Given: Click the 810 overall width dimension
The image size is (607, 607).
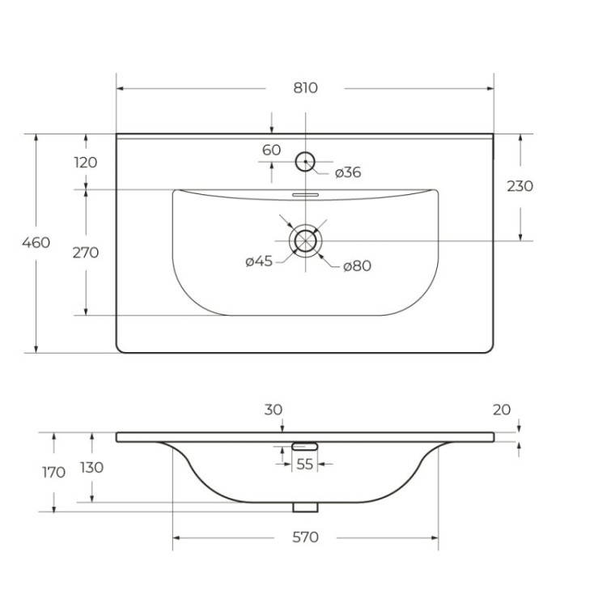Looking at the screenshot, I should (x=305, y=87).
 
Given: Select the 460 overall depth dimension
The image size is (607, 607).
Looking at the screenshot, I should (x=36, y=242).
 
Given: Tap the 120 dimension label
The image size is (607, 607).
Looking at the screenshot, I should (x=85, y=162).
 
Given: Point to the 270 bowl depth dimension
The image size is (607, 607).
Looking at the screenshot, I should (x=85, y=253).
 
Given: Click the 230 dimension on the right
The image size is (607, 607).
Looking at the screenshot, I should (x=520, y=186).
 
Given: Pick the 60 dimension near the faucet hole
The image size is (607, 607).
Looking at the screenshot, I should (x=271, y=150).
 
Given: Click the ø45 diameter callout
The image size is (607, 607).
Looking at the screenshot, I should (x=259, y=261).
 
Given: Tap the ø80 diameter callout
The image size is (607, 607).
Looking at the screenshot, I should (x=356, y=265).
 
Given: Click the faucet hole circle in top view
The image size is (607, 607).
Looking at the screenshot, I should (x=305, y=161).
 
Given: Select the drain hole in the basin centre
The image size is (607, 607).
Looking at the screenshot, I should (x=305, y=240).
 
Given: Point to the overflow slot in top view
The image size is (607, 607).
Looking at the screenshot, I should (x=305, y=195).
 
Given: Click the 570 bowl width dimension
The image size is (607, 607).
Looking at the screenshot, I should (x=305, y=537).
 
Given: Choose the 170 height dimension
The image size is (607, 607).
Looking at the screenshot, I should (x=53, y=472).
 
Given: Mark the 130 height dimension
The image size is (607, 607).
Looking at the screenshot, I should (x=92, y=467).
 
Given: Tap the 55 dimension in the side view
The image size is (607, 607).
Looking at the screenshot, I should (x=304, y=464).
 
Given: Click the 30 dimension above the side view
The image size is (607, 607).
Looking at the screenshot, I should (x=274, y=410).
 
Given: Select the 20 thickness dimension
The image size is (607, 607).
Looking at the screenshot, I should (x=502, y=410).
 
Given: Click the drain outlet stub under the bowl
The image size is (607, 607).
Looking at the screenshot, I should (x=305, y=507).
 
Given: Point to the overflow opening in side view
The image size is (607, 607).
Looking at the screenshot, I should (x=304, y=446).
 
